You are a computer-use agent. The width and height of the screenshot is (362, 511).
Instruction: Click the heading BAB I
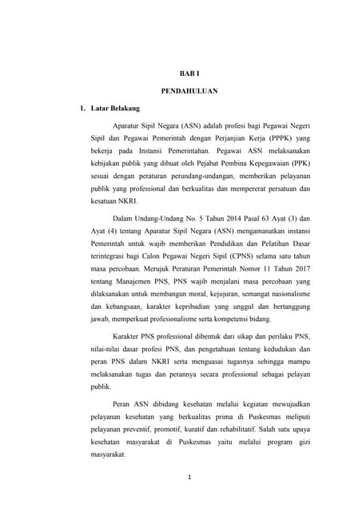click(x=184, y=73)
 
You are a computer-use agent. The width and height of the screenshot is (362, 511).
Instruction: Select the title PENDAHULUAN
click(x=184, y=90)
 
